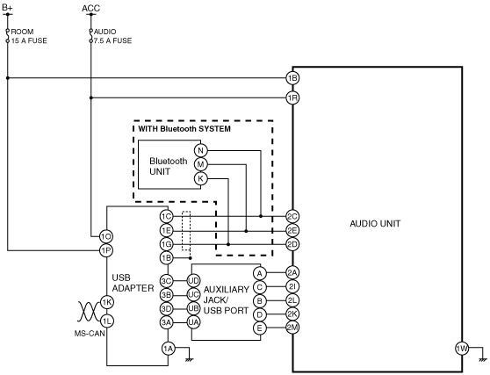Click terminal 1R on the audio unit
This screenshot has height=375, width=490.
point(292,98)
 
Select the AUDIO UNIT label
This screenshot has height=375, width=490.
point(375,224)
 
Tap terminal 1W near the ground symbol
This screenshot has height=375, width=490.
point(462,349)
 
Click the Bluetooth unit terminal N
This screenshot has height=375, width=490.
point(200,151)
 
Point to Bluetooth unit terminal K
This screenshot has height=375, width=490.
point(200,179)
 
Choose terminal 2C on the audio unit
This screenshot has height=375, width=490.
point(292,216)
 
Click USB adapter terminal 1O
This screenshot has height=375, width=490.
point(106,236)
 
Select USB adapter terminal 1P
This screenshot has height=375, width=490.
point(106,250)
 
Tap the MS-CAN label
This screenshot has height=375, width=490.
point(90,334)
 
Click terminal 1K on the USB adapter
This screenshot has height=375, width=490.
point(107,302)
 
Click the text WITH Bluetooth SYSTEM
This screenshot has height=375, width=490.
point(184,129)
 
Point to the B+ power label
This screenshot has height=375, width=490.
point(7,8)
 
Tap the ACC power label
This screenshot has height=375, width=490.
point(91,8)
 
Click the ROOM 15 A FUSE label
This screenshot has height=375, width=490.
point(29,36)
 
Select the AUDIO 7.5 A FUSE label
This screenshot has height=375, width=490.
point(112,36)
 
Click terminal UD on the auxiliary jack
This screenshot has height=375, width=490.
point(193,281)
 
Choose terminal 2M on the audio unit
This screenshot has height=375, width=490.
point(292,328)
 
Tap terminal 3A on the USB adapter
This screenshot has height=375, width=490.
point(166,322)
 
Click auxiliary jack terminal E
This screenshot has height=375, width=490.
point(259,328)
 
